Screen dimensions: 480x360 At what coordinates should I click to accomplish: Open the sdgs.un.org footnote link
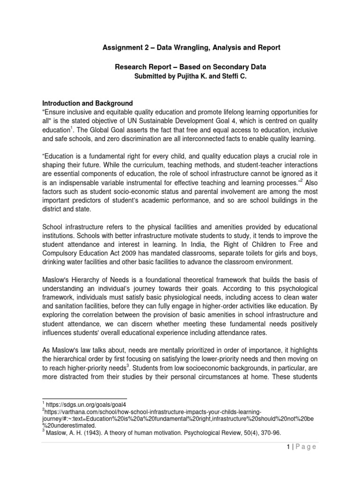[x=86, y=403]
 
